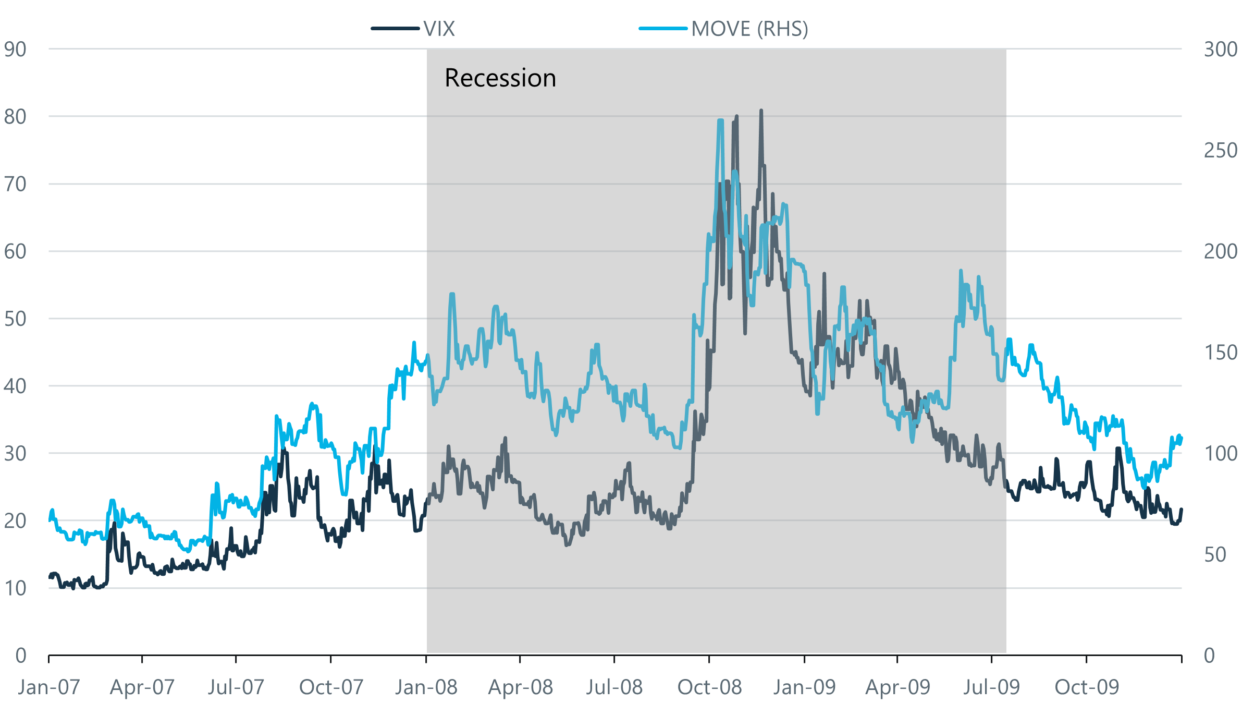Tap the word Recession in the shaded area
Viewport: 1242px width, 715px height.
point(500,78)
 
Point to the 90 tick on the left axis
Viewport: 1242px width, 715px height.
point(15,50)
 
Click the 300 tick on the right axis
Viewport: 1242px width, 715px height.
point(1220,50)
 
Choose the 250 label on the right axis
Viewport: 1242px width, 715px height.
point(1220,151)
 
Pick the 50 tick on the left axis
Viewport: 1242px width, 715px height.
point(15,319)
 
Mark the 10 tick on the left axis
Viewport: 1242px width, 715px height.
point(15,588)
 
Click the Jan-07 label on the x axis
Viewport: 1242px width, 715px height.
point(49,687)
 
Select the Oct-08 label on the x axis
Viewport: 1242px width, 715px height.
point(709,687)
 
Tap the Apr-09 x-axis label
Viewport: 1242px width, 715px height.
point(897,687)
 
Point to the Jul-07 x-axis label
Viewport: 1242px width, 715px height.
point(236,687)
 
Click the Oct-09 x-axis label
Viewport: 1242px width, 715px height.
point(1087,687)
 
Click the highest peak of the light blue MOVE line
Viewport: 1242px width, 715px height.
point(720,120)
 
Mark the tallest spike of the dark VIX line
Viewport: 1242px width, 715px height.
point(761,111)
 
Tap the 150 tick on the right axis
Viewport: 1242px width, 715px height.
point(1220,353)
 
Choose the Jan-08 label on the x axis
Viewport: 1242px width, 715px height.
point(426,687)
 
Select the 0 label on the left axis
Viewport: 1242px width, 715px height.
point(21,656)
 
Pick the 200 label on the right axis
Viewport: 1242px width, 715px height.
point(1220,251)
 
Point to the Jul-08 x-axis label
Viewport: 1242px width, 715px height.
point(614,687)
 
